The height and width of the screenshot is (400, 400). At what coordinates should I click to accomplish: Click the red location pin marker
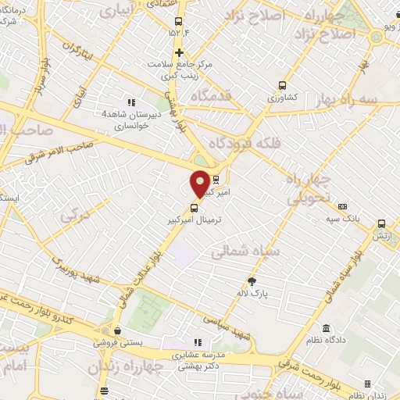tap(200, 184)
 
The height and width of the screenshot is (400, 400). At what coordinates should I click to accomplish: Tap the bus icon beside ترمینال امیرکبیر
tap(194, 208)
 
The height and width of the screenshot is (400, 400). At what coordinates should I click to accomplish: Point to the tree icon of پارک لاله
tap(252, 281)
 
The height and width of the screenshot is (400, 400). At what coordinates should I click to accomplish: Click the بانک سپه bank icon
tap(342, 207)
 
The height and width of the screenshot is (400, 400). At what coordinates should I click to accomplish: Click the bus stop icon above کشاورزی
tap(282, 86)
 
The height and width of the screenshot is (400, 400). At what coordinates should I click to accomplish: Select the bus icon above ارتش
tap(381, 223)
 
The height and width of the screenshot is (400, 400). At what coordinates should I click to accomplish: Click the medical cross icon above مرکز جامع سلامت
tap(179, 53)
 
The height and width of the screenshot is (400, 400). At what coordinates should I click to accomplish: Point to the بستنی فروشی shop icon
tap(116, 330)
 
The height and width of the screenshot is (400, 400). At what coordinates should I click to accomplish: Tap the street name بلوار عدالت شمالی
tap(141, 273)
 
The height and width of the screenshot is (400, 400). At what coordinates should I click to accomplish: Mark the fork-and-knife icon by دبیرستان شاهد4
tap(131, 102)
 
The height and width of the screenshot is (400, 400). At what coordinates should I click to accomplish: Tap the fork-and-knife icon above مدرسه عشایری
tap(197, 341)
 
